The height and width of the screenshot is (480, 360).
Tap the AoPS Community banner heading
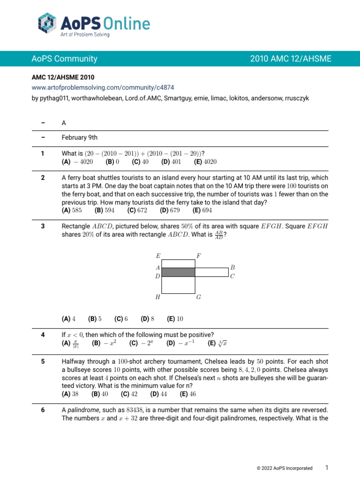(x=64, y=59)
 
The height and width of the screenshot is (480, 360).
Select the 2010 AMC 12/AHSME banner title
(x=291, y=59)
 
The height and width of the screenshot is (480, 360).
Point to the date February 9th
(x=79, y=138)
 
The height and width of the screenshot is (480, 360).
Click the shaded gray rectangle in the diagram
(x=178, y=272)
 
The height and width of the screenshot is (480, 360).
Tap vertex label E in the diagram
(x=158, y=256)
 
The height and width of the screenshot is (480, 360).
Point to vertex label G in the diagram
(x=199, y=297)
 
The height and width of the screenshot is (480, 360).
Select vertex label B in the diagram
(x=232, y=267)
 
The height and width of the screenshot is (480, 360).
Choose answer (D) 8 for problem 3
(x=147, y=319)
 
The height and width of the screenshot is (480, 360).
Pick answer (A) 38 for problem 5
(x=70, y=394)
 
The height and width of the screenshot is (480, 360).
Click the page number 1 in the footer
(x=327, y=468)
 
